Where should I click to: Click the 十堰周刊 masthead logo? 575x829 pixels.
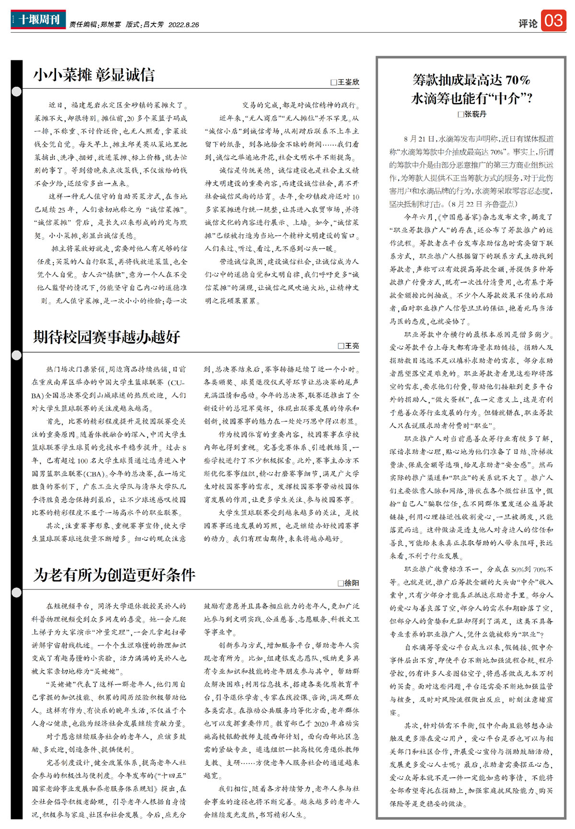(x=38, y=20)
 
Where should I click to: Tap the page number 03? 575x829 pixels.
(x=553, y=21)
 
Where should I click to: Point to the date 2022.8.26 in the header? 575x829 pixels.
(x=184, y=24)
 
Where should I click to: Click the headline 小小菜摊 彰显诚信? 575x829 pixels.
(x=94, y=75)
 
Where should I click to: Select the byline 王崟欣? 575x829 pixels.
(x=348, y=82)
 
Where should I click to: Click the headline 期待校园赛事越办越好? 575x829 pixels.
(x=106, y=337)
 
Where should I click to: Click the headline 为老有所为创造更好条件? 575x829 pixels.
(x=114, y=575)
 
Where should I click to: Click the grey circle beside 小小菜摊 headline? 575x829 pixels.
(x=17, y=92)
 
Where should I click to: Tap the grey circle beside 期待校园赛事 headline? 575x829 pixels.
(x=17, y=355)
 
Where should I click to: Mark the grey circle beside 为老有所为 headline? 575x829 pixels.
(x=17, y=593)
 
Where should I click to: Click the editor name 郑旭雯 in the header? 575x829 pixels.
(x=111, y=24)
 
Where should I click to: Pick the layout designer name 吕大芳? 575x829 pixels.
(x=153, y=24)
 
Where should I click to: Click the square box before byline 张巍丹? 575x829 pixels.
(x=460, y=114)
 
